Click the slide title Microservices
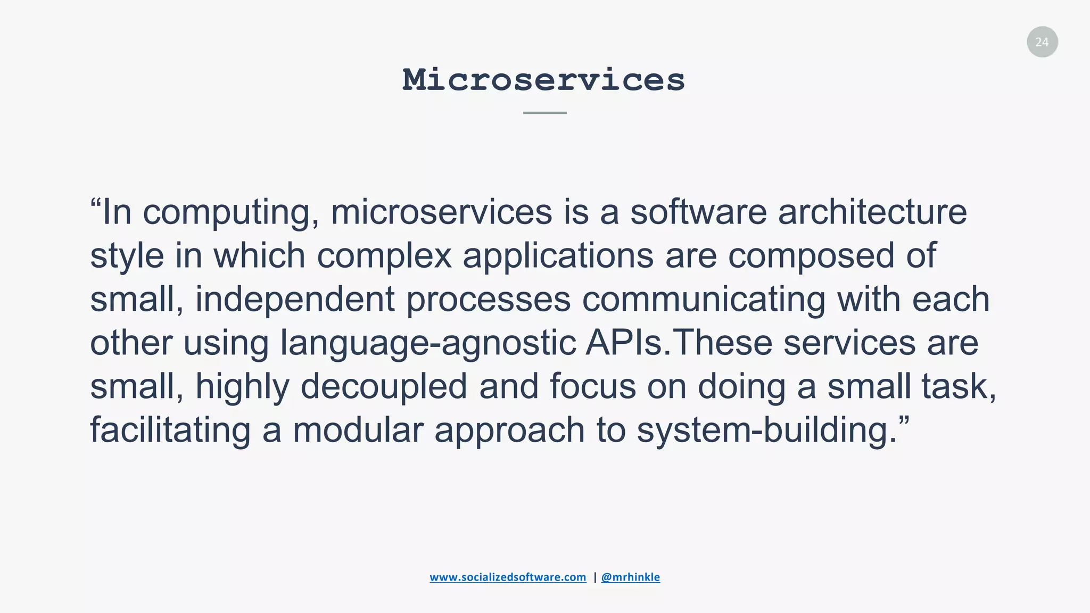click(543, 80)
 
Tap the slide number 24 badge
click(1042, 42)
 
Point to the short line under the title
click(544, 113)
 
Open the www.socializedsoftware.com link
click(508, 577)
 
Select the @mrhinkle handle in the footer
click(630, 577)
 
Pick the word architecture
click(872, 212)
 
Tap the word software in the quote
click(698, 212)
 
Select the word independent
click(295, 299)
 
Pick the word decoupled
click(384, 387)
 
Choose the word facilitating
click(170, 430)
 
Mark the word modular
click(358, 430)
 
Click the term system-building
click(766, 430)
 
